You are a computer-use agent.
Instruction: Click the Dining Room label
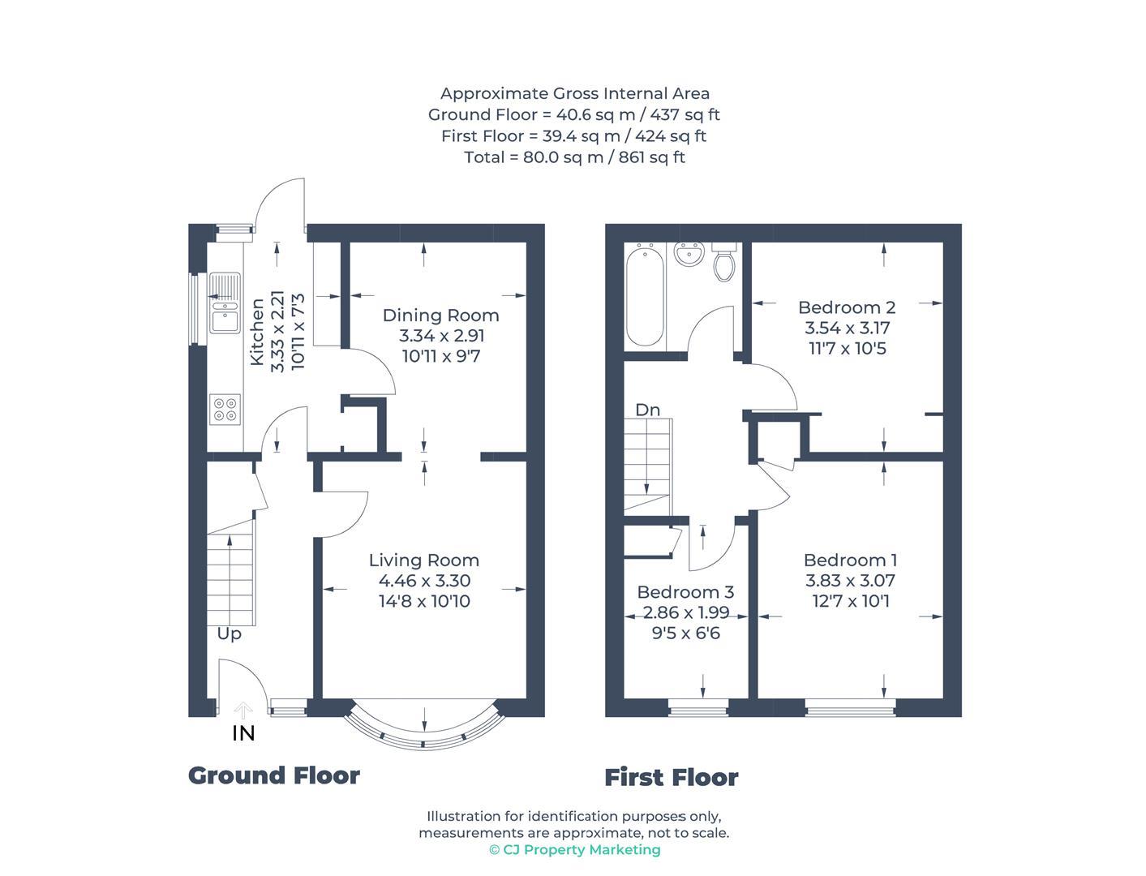[440, 316]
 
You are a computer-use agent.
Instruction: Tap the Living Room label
[423, 560]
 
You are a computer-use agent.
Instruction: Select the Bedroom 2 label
[846, 307]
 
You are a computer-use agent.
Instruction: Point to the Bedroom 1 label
[849, 560]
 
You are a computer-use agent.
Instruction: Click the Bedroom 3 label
[685, 592]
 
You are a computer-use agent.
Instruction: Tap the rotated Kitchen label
[257, 332]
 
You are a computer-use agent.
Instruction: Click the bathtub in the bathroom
[646, 296]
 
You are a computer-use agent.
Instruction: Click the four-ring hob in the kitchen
[225, 410]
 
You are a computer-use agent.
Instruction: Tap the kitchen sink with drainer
[225, 303]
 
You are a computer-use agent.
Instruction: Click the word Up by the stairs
[229, 633]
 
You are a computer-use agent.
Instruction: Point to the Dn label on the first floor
[647, 410]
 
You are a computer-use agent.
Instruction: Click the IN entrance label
[243, 733]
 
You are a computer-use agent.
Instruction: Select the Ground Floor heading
[274, 775]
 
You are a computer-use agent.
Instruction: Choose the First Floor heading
[671, 778]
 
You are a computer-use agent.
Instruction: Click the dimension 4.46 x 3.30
[424, 581]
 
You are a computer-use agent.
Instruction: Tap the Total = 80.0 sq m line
[574, 157]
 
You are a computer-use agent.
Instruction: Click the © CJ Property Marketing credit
[574, 850]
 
